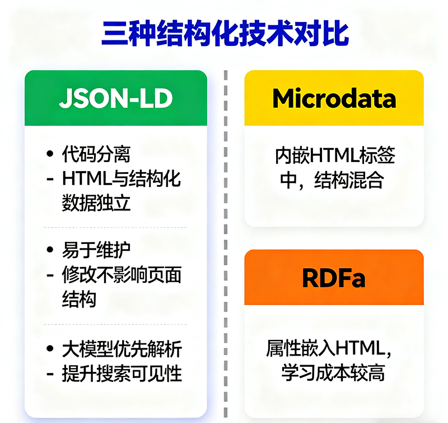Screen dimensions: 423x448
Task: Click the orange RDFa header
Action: [x=334, y=277]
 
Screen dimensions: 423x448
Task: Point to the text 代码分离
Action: [x=96, y=153]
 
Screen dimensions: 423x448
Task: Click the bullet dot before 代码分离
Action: [x=51, y=153]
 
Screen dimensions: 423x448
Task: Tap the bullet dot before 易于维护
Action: [x=51, y=250]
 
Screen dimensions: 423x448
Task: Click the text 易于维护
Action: [x=96, y=250]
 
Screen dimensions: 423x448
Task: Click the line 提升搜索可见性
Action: [x=122, y=374]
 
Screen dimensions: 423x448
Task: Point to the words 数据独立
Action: [x=96, y=203]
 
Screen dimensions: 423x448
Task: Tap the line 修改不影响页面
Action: [x=122, y=275]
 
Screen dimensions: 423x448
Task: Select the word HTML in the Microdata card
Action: [x=334, y=155]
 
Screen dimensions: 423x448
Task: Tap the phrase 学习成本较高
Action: [x=333, y=373]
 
